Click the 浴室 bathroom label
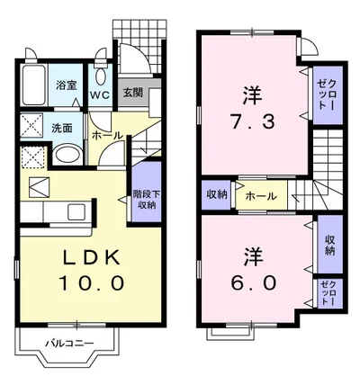pyautogui.click(x=66, y=86)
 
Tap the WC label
pyautogui.click(x=100, y=94)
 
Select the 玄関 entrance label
pyautogui.click(x=133, y=93)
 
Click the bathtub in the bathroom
pyautogui.click(x=34, y=85)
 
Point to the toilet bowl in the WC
pyautogui.click(x=100, y=76)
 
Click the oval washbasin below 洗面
pyautogui.click(x=68, y=154)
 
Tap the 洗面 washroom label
pyautogui.click(x=62, y=129)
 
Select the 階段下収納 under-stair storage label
pyautogui.click(x=147, y=200)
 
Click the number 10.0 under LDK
pyautogui.click(x=92, y=283)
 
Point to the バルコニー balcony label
pyautogui.click(x=69, y=343)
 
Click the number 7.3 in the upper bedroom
pyautogui.click(x=253, y=122)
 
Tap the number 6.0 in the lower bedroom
pyautogui.click(x=254, y=283)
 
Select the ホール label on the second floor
pyautogui.click(x=261, y=197)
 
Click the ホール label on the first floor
pyautogui.click(x=108, y=136)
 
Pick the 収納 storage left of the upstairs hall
pyautogui.click(x=216, y=195)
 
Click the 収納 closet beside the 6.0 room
pyautogui.click(x=330, y=245)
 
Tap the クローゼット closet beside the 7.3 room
pyautogui.click(x=328, y=95)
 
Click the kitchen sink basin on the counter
pyautogui.click(x=76, y=212)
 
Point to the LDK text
pyautogui.click(x=90, y=256)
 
